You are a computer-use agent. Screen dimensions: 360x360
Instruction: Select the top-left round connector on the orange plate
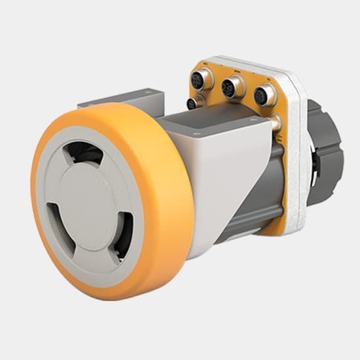(200, 82)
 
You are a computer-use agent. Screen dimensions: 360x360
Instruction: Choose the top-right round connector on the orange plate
(264, 96)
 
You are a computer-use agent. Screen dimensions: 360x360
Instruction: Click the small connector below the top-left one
(192, 103)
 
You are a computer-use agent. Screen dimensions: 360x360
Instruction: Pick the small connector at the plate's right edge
(277, 122)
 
